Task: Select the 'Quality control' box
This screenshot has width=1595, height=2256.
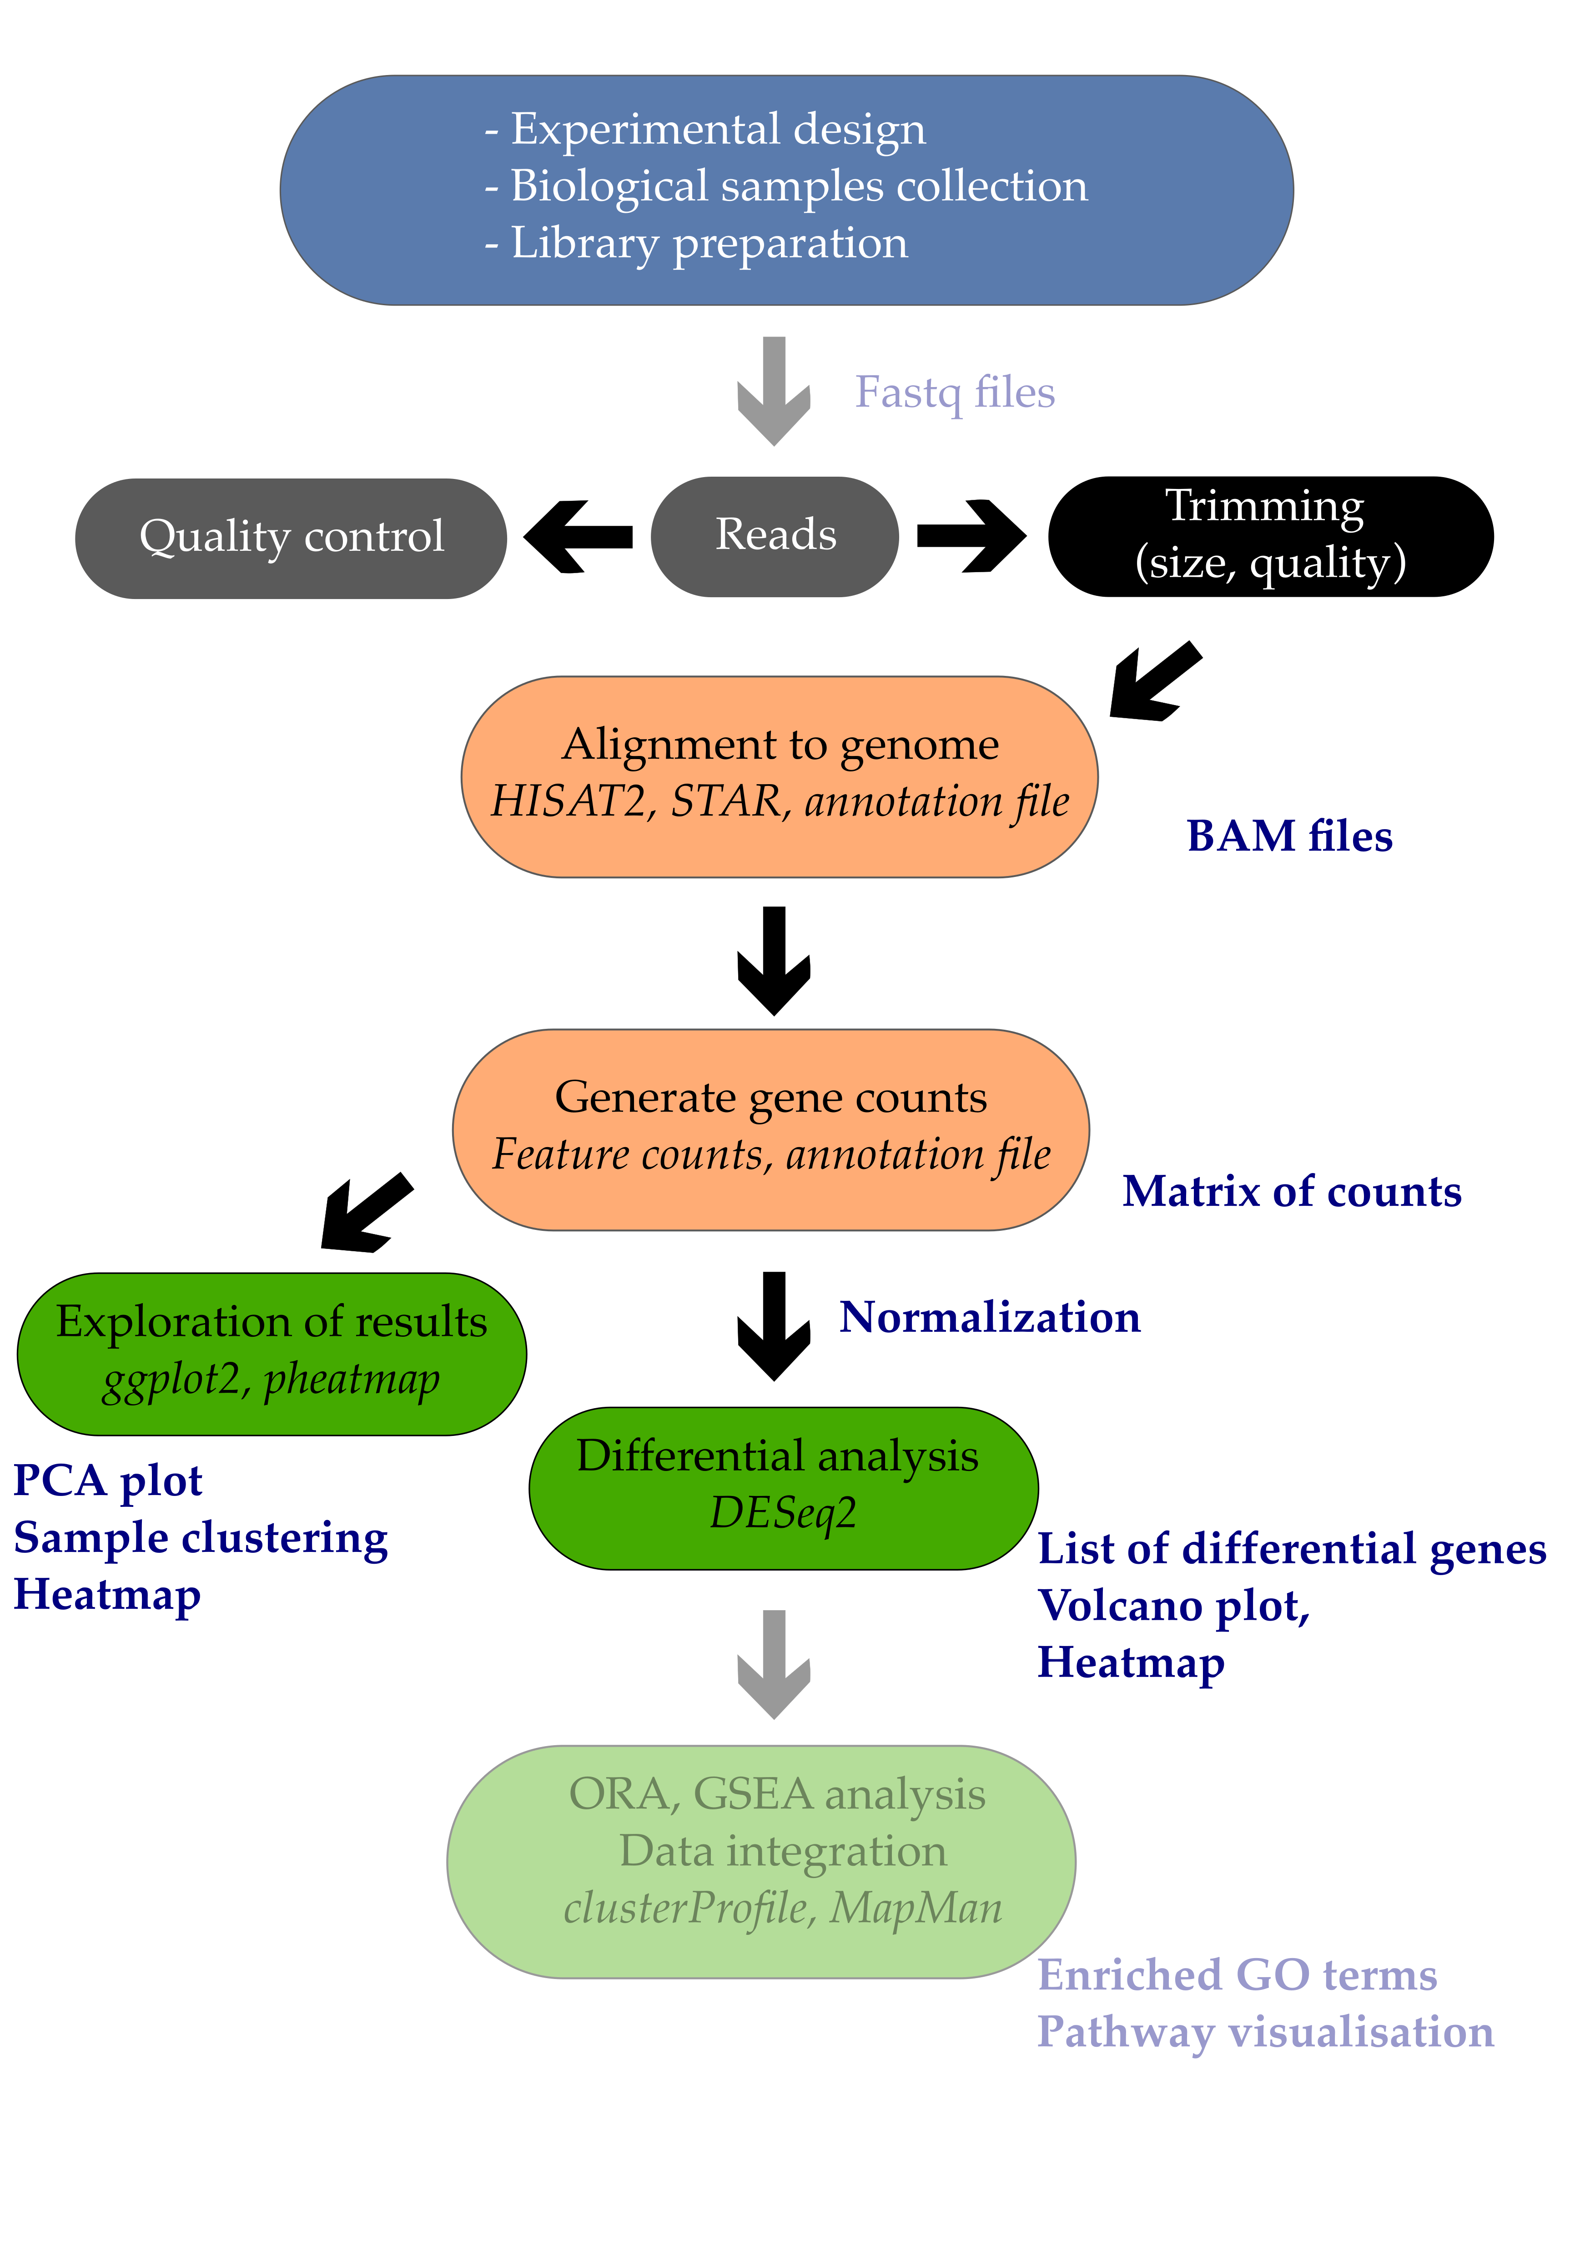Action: (291, 538)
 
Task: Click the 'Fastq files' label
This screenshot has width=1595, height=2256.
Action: (954, 392)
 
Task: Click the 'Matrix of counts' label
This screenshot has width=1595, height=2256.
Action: (1291, 1191)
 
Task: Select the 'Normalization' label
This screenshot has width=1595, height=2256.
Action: (989, 1317)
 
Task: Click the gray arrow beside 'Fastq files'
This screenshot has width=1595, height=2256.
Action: (775, 391)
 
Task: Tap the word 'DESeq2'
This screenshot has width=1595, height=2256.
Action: (783, 1512)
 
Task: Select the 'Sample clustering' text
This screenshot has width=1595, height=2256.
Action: (201, 1538)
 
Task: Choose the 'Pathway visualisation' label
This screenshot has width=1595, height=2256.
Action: (1265, 2032)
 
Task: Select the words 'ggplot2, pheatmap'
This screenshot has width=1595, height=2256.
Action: (271, 1380)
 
